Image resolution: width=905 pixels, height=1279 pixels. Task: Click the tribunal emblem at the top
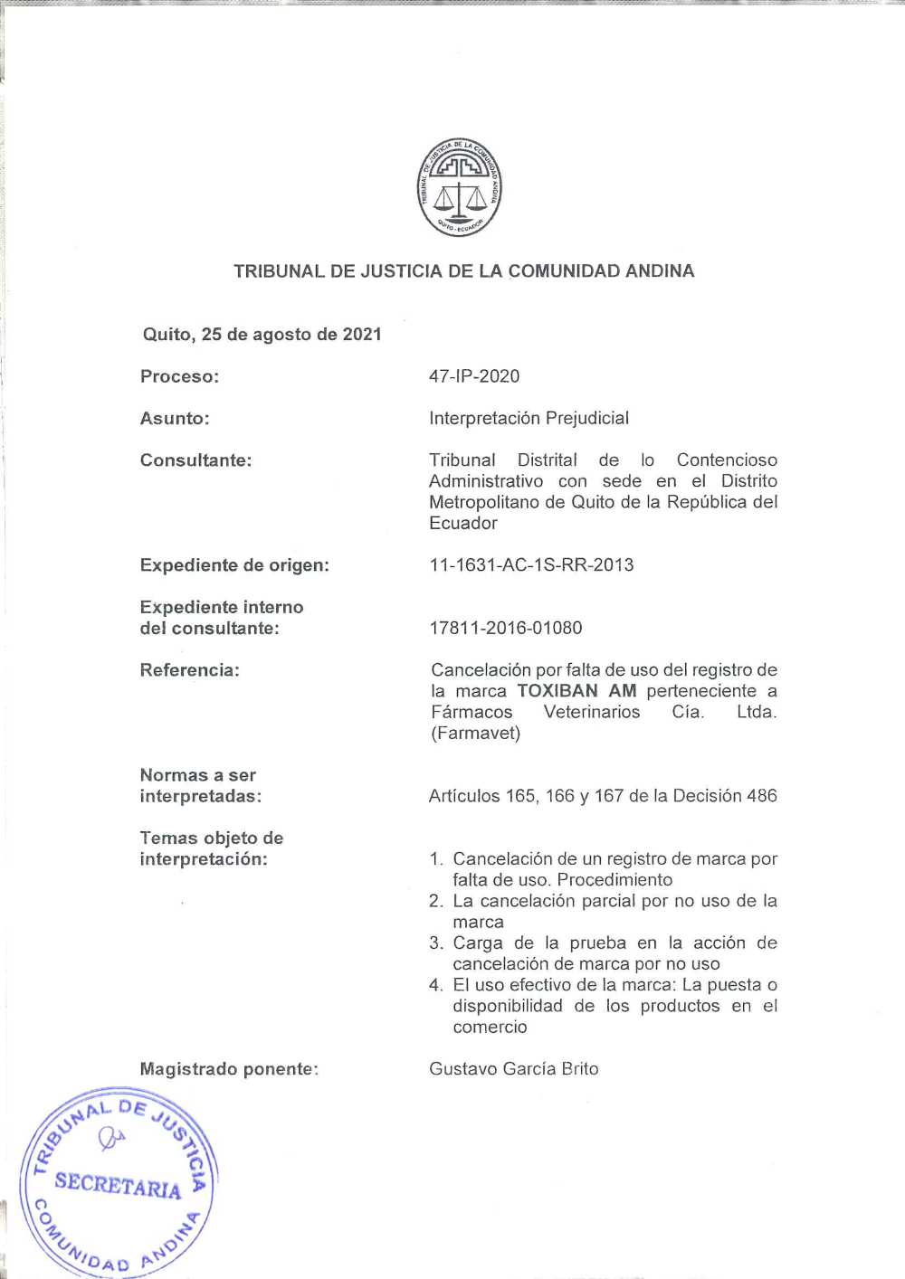point(460,188)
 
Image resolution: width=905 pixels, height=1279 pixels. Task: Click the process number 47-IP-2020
point(474,376)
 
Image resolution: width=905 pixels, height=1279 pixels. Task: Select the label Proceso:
point(179,376)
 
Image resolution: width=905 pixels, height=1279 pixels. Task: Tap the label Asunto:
point(175,418)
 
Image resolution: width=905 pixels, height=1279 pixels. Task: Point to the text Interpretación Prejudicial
point(529,418)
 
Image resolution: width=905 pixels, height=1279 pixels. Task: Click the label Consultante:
point(195,459)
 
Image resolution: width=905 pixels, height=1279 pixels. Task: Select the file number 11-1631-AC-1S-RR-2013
point(531,564)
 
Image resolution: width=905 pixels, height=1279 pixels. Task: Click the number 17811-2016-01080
point(505,628)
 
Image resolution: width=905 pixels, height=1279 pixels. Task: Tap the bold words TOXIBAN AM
point(576,691)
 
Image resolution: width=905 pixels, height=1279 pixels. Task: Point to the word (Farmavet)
point(475,733)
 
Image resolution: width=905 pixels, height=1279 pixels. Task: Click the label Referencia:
point(189,669)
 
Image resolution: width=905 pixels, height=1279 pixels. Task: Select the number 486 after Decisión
point(762,796)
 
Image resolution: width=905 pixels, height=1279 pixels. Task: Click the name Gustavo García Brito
point(513,1068)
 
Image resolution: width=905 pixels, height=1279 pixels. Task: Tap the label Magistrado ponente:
point(229,1068)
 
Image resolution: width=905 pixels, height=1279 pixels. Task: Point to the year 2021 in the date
point(362,334)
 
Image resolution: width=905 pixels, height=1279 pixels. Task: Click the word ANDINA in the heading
point(652,270)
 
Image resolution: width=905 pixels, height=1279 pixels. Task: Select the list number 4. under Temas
point(436,985)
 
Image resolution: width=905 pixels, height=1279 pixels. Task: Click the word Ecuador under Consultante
point(463,523)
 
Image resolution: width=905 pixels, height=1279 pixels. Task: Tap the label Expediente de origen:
point(234,564)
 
